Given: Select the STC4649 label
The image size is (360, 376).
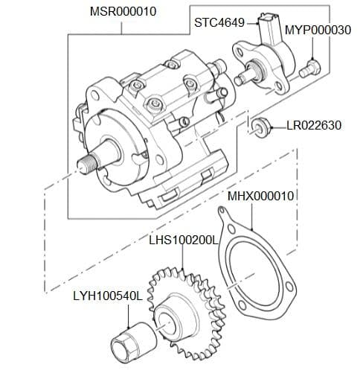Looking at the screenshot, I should [219, 23].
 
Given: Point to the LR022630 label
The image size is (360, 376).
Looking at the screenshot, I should [314, 125].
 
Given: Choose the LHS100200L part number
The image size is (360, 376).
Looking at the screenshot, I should [182, 240].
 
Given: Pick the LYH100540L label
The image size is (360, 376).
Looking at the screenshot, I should [107, 296].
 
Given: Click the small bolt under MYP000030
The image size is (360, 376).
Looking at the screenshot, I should [309, 68].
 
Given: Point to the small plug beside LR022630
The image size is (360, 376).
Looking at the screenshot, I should [259, 125].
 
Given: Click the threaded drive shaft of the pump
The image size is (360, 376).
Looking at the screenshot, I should [90, 160].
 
